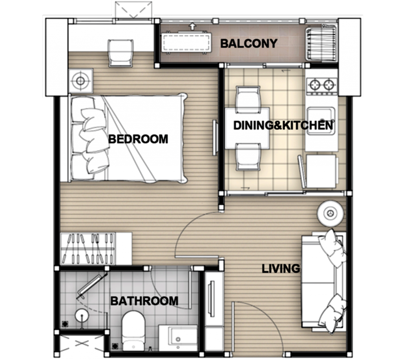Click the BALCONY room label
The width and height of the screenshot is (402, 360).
click(x=249, y=44)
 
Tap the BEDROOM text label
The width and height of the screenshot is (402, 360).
click(x=138, y=139)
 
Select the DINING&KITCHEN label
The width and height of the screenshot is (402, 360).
click(x=283, y=125)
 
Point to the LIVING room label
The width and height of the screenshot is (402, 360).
click(x=281, y=269)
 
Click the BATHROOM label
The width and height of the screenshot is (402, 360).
click(x=144, y=301)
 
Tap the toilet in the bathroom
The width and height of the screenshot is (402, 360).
click(x=133, y=330)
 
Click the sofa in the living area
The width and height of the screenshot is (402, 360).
click(x=323, y=281)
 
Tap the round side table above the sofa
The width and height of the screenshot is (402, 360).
click(x=330, y=213)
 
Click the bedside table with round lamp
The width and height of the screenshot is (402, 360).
click(x=81, y=81)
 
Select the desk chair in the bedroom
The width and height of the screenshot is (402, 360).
click(x=120, y=53)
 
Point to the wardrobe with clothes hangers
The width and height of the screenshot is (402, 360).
click(x=96, y=249)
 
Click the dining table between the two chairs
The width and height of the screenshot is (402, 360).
click(x=247, y=128)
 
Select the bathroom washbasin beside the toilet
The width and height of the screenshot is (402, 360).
click(x=178, y=338)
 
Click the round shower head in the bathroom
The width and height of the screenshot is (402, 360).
click(x=82, y=315)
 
